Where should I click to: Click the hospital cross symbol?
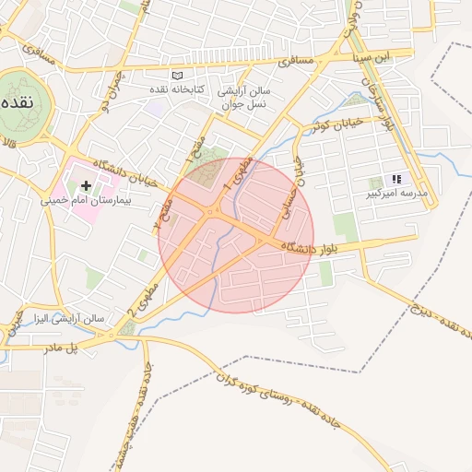tap(87, 185)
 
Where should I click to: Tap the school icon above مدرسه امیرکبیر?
tap(397, 179)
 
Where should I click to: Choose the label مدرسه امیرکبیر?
tap(397, 193)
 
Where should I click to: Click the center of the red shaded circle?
tap(236, 235)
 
